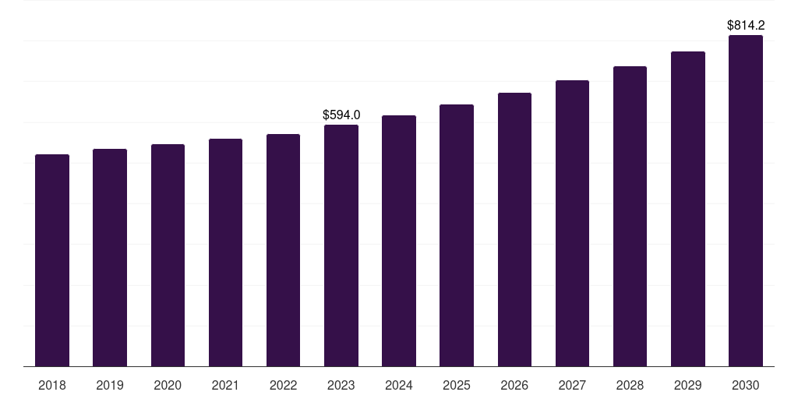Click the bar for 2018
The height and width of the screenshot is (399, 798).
52,260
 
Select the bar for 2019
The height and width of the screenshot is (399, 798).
110,258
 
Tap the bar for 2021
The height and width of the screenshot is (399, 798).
225,252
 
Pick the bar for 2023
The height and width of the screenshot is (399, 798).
341,245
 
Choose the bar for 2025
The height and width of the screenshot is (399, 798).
457,235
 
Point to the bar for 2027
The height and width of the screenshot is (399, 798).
572,224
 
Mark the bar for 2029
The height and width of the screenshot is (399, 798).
688,209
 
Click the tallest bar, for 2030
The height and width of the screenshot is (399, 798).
746,201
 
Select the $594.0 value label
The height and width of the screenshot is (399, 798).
341,115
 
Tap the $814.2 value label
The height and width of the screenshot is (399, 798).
746,25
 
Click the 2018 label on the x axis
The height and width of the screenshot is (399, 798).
52,385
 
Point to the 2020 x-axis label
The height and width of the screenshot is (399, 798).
168,385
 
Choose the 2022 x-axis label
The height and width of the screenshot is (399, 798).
284,385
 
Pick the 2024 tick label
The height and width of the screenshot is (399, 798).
399,385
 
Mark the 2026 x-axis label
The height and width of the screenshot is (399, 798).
514,385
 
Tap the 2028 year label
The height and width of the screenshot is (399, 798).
630,385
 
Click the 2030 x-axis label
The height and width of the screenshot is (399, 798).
746,385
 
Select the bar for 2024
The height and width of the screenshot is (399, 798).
399,241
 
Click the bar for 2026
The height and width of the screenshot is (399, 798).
514,230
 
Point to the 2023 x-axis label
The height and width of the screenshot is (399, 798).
341,385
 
